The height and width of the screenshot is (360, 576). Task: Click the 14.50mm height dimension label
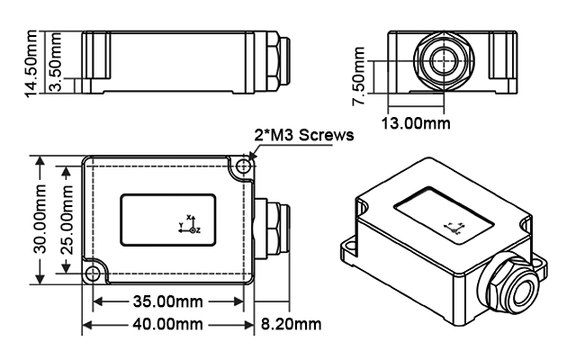[33, 62]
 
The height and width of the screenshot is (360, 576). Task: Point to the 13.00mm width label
[415, 121]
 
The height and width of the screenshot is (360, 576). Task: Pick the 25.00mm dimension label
[64, 221]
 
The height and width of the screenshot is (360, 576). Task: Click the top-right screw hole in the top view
[240, 168]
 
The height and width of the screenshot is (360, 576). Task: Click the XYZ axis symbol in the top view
[189, 225]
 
